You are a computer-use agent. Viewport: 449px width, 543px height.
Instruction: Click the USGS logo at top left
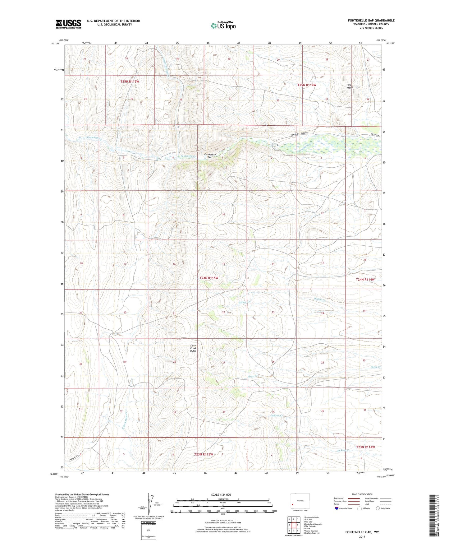(x=68, y=24)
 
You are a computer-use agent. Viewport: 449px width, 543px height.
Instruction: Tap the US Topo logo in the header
(x=223, y=26)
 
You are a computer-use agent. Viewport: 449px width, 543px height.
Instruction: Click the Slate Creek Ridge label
(x=193, y=348)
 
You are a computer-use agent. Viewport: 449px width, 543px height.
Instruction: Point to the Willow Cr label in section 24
(x=319, y=299)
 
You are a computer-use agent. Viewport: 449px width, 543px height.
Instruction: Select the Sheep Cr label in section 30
(x=375, y=367)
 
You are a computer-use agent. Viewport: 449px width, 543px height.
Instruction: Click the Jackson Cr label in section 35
(x=277, y=415)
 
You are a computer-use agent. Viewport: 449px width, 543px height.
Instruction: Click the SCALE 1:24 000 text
(x=221, y=494)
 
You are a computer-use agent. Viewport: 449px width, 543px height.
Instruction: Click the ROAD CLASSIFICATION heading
(x=362, y=494)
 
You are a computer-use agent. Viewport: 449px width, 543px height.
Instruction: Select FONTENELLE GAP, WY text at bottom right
(x=362, y=532)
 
